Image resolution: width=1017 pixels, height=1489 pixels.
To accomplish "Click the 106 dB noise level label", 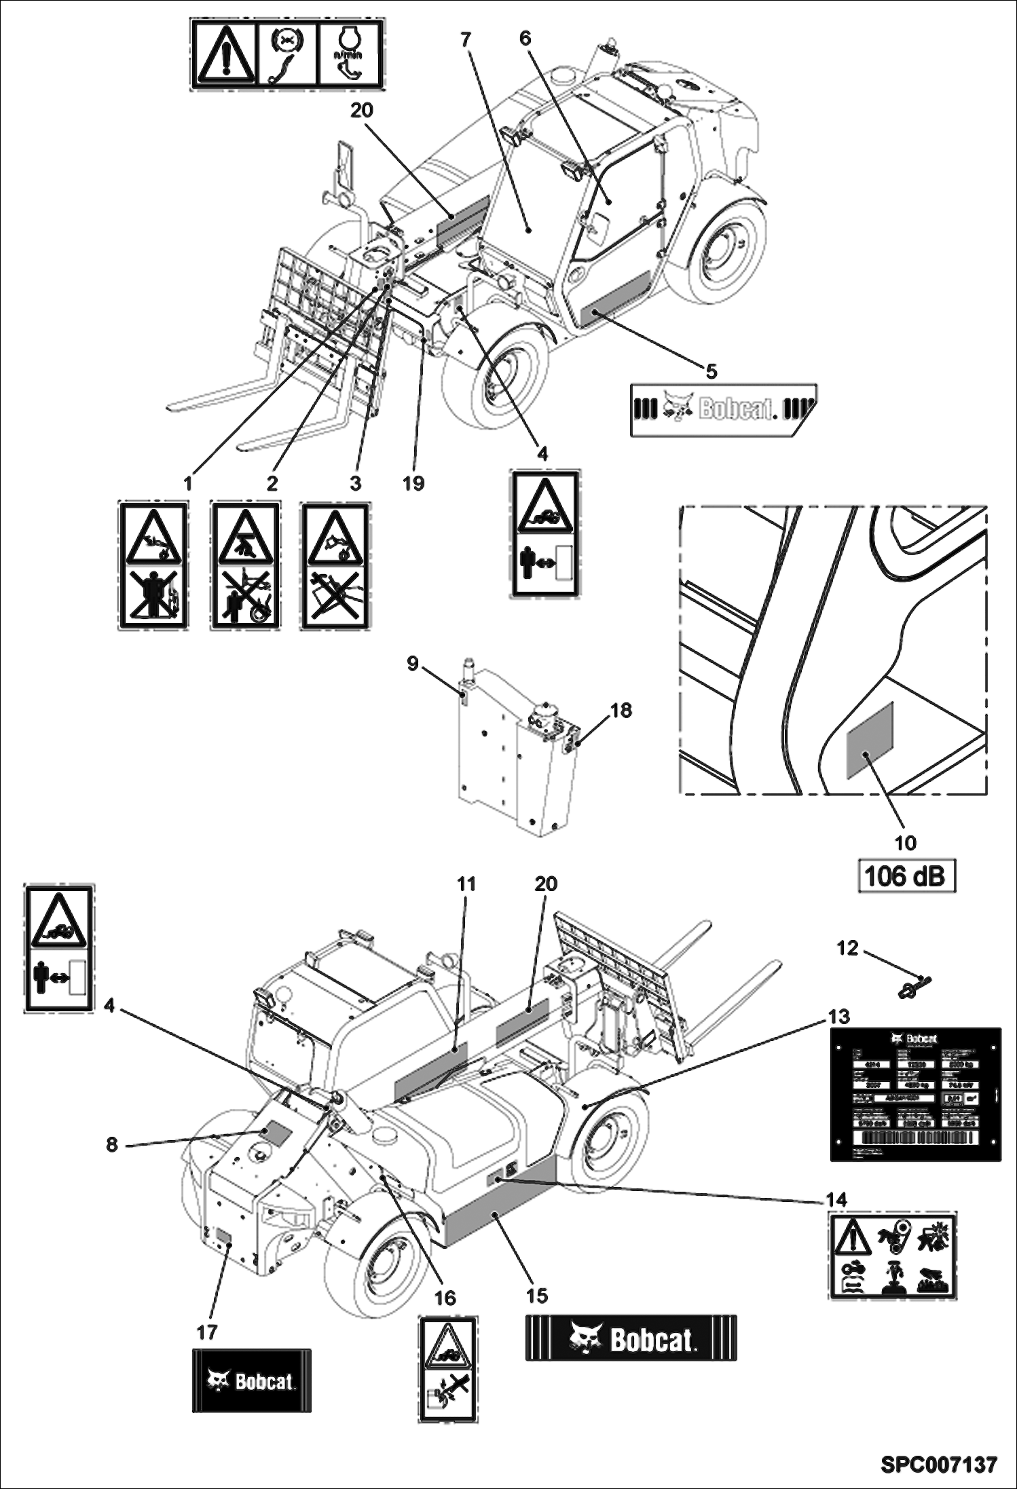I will tap(906, 876).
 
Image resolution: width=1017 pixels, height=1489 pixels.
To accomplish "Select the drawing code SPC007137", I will tap(939, 1465).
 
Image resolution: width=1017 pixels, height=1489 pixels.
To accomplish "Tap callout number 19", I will tap(413, 483).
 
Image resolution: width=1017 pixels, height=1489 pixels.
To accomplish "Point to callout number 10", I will tap(906, 843).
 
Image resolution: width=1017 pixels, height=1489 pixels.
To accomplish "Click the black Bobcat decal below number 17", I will tap(252, 1380).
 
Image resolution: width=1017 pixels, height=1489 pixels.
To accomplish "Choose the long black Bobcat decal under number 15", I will tap(631, 1338).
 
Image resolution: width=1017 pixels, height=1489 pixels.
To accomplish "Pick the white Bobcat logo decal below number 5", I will tap(724, 410).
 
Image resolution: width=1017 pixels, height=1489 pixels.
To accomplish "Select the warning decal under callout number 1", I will tap(153, 565).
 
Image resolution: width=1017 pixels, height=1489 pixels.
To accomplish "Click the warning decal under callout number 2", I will tap(245, 565).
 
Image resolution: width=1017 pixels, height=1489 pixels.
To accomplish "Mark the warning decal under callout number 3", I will tap(335, 565).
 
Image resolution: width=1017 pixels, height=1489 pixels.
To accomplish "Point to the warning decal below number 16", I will tap(447, 1368).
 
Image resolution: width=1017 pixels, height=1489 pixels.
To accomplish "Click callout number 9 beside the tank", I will tap(413, 663).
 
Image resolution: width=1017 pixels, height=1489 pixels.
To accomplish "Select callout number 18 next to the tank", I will tap(621, 711).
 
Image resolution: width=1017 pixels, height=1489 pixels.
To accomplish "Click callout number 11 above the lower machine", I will tap(466, 884).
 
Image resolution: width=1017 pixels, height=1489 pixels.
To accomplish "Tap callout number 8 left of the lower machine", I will tap(112, 1145).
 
